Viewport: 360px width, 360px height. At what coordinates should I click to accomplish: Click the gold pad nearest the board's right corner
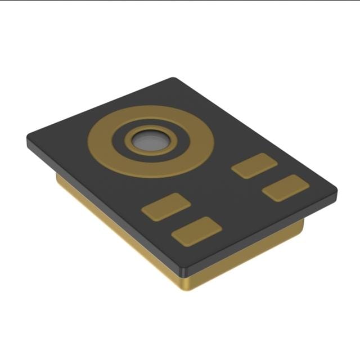coord(285,188)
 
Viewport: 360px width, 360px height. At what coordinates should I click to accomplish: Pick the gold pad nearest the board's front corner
coord(196,231)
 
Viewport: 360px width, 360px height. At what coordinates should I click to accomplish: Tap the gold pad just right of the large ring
coord(254,165)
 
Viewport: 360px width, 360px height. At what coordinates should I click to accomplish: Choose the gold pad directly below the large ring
coord(166,206)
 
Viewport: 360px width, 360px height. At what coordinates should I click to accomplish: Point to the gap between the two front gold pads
coord(181,219)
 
